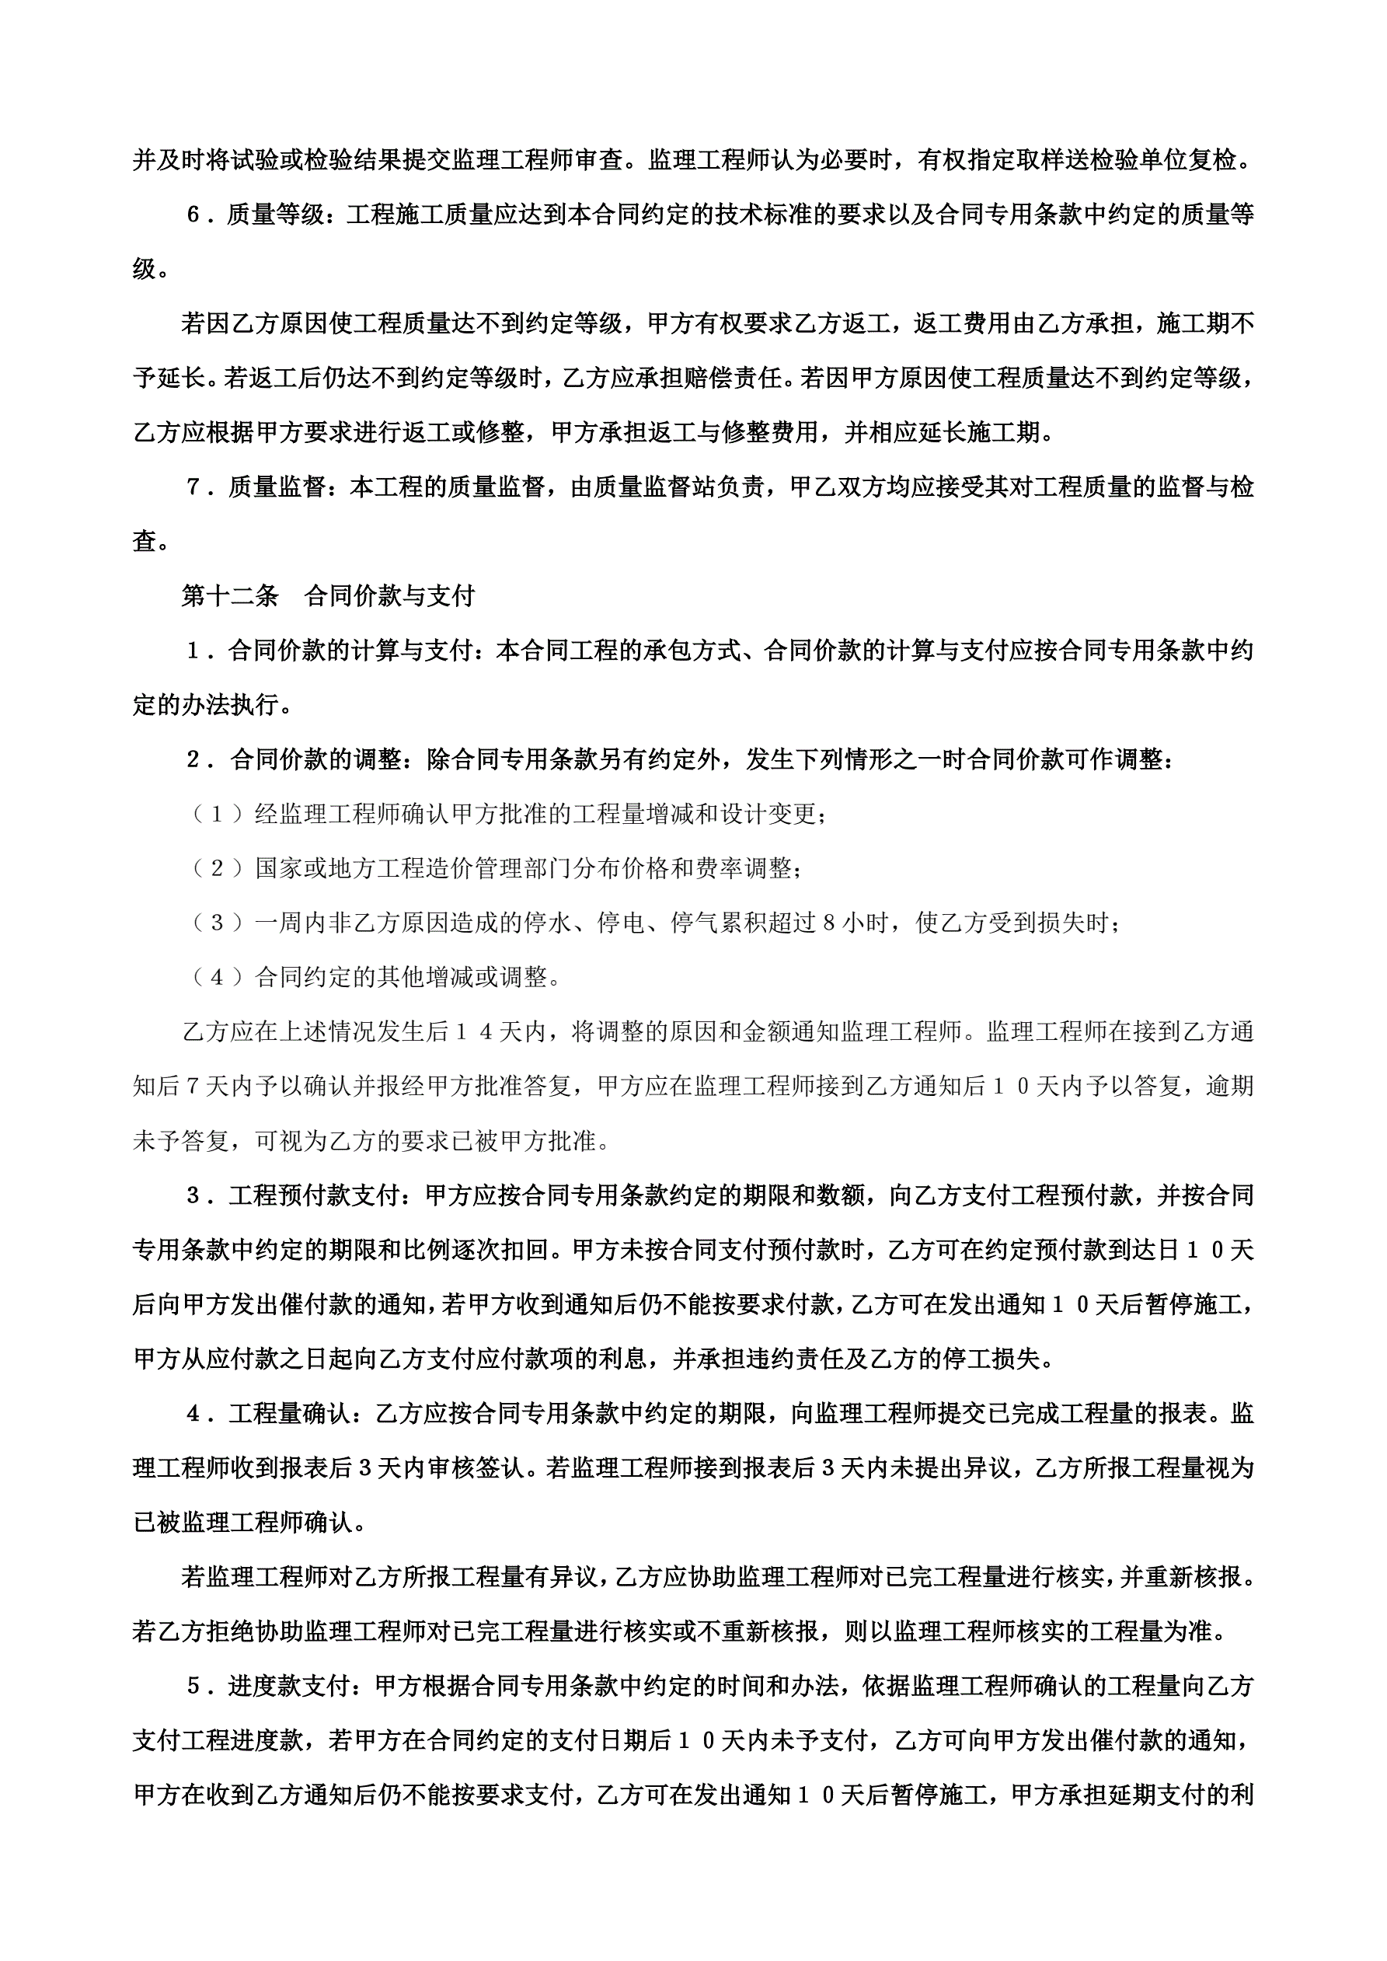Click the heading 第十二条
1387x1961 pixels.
tap(230, 596)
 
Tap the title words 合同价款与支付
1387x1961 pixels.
tap(389, 596)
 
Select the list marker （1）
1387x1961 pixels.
tap(217, 814)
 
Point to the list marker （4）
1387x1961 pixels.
tap(217, 977)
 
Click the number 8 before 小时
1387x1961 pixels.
tap(828, 923)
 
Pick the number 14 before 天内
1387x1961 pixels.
tap(474, 1031)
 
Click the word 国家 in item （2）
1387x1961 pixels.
tap(279, 869)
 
